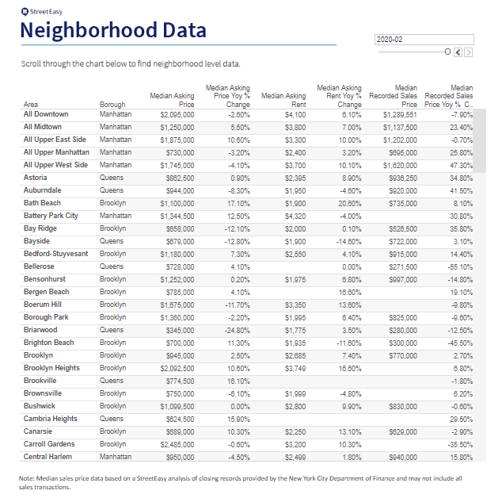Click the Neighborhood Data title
click(x=113, y=31)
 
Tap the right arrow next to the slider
click(x=469, y=52)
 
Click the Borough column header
click(x=112, y=104)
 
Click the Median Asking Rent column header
click(x=283, y=100)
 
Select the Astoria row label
click(x=35, y=178)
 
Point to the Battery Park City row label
click(x=51, y=216)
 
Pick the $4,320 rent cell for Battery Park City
click(x=295, y=216)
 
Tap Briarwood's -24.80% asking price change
click(x=237, y=330)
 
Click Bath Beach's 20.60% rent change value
click(x=348, y=203)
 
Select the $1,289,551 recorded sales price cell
click(x=399, y=114)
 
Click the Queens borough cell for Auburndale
click(x=112, y=190)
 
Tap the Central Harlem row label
click(x=48, y=457)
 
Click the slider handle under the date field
click(x=447, y=52)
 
